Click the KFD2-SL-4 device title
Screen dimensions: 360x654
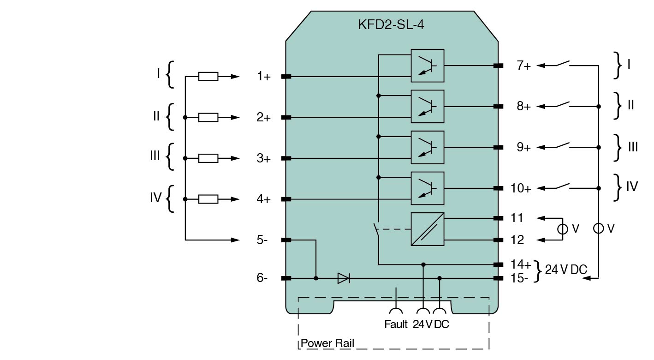point(391,25)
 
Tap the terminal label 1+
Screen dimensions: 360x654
point(264,77)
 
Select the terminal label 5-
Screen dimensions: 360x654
point(262,240)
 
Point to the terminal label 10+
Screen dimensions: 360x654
point(521,189)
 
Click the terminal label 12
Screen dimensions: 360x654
point(518,240)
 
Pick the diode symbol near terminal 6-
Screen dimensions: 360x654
point(344,278)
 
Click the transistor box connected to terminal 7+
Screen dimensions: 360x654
point(428,66)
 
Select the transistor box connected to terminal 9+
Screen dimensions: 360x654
point(428,148)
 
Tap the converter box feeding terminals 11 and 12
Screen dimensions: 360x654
point(428,229)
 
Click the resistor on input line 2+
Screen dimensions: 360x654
point(208,118)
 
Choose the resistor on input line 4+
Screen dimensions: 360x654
point(208,199)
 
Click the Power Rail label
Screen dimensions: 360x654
point(327,344)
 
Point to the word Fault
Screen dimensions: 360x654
point(396,324)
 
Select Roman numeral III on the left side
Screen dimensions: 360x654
point(155,156)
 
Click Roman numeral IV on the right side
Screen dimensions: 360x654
point(632,186)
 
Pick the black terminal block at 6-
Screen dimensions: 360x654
point(286,278)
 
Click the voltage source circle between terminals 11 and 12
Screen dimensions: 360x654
point(563,228)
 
